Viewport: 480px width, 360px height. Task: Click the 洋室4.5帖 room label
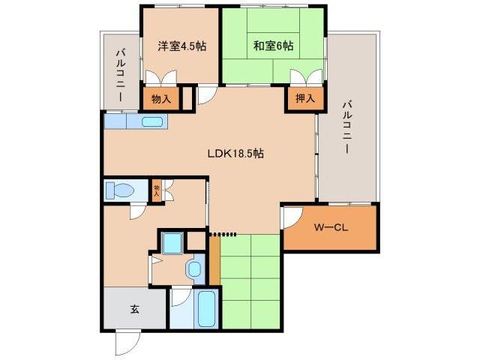pos(181,46)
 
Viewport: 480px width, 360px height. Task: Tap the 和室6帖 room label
pos(273,46)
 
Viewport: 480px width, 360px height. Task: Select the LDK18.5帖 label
pos(235,153)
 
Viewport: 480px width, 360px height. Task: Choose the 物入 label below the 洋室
pos(161,98)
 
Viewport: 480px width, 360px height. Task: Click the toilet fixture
pos(118,190)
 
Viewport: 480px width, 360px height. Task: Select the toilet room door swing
pos(137,211)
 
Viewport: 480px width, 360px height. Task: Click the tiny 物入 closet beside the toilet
pos(157,190)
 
